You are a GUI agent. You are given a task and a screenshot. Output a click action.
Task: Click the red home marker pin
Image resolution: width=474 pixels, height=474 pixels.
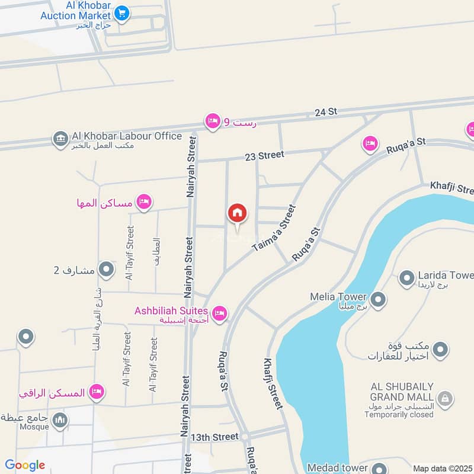[x=237, y=213]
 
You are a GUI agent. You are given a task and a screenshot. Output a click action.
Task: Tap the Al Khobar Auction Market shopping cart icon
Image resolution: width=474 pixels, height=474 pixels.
[x=122, y=12]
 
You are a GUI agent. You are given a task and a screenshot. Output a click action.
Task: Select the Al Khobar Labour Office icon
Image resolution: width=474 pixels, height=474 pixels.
[x=59, y=139]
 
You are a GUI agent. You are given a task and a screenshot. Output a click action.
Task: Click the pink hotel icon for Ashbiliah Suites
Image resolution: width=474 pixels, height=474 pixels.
[x=219, y=313]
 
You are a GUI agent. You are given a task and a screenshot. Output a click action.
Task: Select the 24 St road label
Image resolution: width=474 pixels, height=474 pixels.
[x=325, y=111]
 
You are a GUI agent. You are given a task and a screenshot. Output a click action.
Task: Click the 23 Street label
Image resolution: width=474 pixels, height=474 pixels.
[x=264, y=155]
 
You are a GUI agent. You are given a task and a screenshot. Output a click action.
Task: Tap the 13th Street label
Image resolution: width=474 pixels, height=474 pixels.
[x=214, y=437]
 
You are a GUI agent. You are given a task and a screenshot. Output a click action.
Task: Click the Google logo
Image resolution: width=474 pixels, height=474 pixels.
[x=25, y=465]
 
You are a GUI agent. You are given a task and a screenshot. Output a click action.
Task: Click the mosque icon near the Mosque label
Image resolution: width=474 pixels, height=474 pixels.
[x=59, y=421]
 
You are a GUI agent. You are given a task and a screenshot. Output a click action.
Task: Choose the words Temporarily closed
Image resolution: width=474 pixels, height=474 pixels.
[x=399, y=415]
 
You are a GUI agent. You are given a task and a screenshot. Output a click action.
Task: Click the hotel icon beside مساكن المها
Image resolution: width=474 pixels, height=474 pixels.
[x=143, y=203]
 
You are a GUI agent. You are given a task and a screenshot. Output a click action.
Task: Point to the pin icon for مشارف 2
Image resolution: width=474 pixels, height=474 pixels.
[x=107, y=270]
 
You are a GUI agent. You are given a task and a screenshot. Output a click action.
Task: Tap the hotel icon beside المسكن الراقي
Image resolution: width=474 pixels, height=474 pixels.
[x=98, y=392]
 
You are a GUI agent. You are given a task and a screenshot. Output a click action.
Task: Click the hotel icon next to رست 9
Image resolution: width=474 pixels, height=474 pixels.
[x=212, y=121]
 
